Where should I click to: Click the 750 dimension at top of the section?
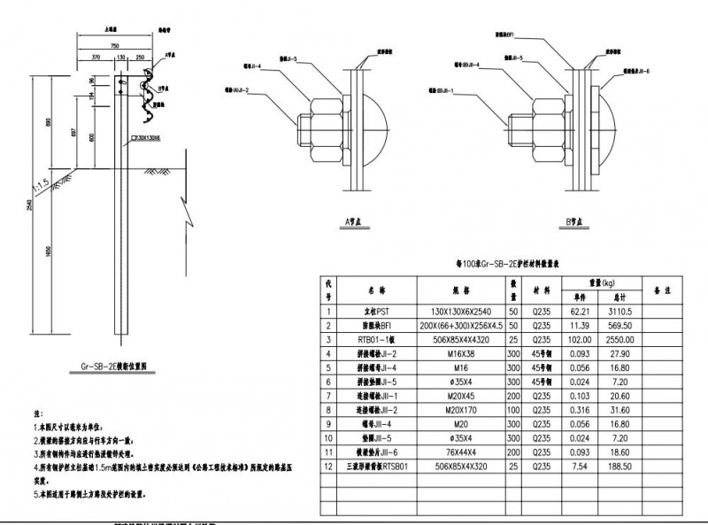tap(114, 44)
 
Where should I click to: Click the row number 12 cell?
tap(328, 467)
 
